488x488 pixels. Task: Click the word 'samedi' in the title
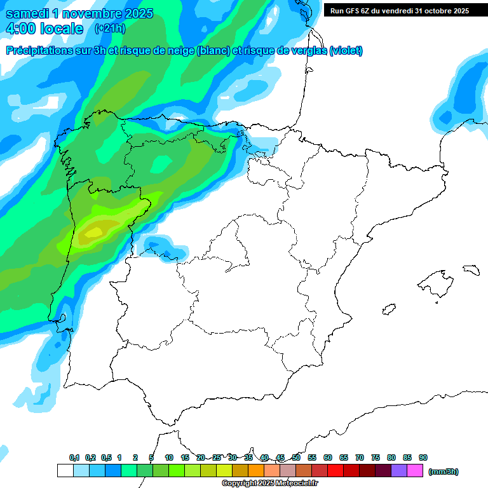(x=26, y=13)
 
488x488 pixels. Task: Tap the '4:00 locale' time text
(x=44, y=29)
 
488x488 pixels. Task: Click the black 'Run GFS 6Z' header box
(x=399, y=10)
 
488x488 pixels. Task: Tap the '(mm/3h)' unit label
(x=444, y=471)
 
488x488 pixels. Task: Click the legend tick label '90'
(x=423, y=457)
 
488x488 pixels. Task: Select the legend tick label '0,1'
(x=74, y=457)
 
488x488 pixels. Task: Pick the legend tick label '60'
(x=328, y=457)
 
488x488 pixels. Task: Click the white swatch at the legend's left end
(x=65, y=471)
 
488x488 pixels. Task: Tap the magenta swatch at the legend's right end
(x=415, y=471)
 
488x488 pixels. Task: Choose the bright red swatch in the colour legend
(x=335, y=471)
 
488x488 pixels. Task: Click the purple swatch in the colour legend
(x=399, y=471)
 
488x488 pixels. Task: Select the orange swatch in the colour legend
(x=256, y=471)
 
